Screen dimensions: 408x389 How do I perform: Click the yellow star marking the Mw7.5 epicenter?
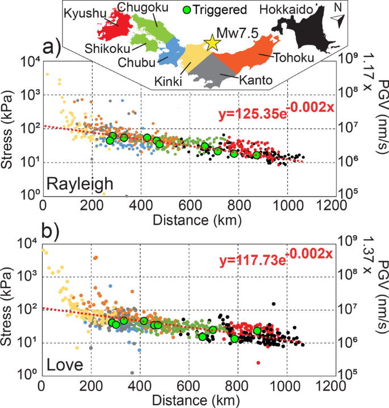pyautogui.click(x=212, y=43)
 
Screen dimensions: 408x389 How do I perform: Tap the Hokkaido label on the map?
pyautogui.click(x=284, y=9)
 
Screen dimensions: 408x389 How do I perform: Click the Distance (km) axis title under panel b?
pyautogui.click(x=190, y=399)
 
